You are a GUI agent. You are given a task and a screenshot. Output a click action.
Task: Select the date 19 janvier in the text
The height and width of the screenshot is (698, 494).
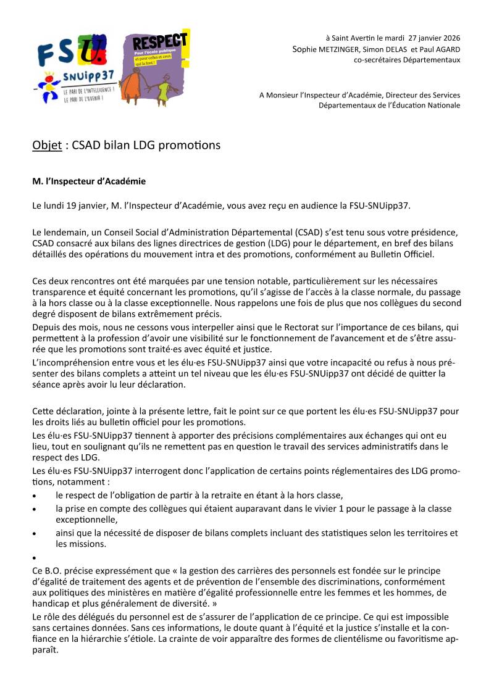pos(83,205)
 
